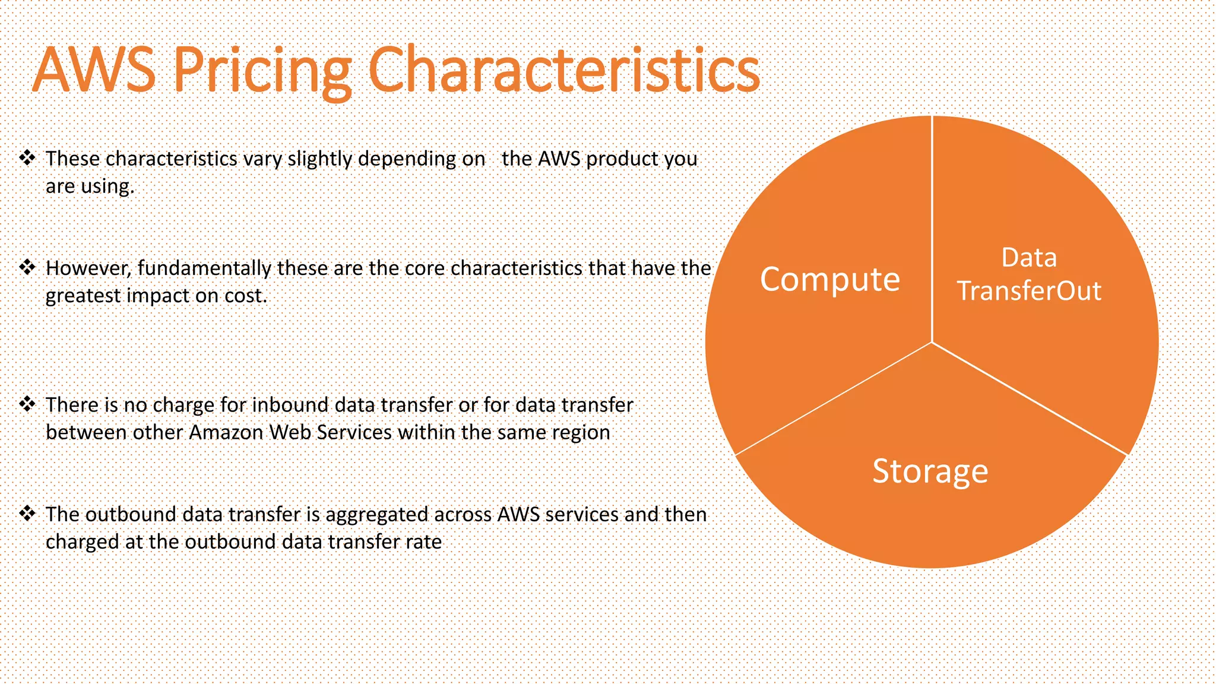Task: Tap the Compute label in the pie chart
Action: pos(829,279)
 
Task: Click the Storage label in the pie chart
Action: pos(930,471)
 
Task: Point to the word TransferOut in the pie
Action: pos(1029,291)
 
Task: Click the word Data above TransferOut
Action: pos(1029,258)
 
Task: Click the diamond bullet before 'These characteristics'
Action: pos(27,158)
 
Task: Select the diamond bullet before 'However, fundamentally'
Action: pos(27,267)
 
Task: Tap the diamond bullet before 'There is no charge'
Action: pos(27,404)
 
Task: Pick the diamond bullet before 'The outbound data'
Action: pos(27,514)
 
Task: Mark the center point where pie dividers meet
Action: pos(932,343)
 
